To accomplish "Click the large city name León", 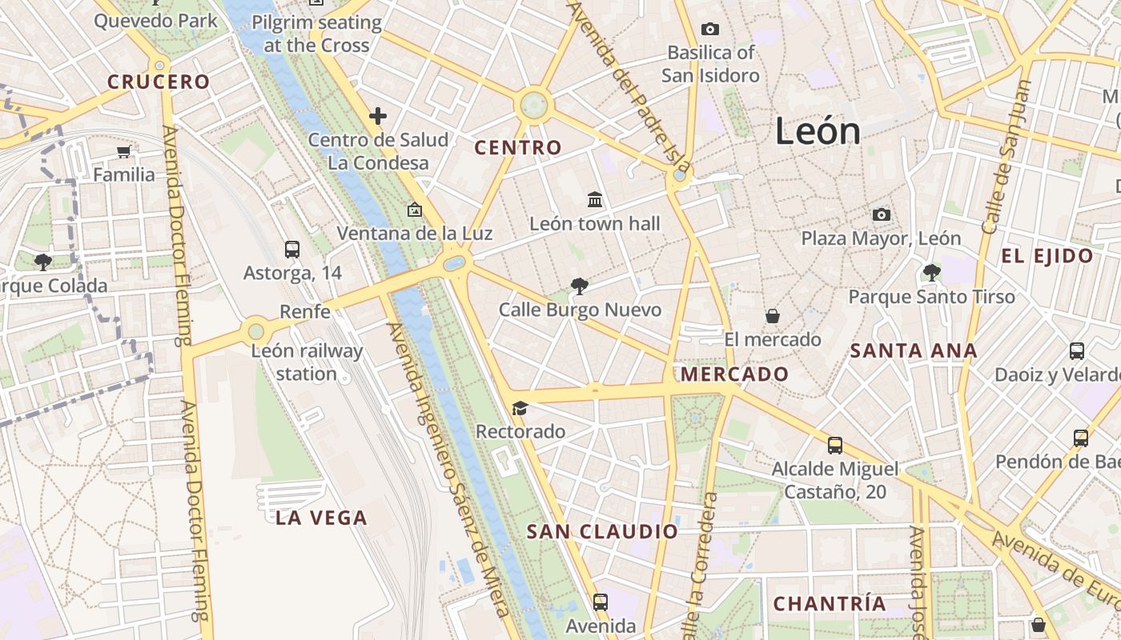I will [818, 131].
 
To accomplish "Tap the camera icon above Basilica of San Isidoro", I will [709, 30].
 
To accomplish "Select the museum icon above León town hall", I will [595, 199].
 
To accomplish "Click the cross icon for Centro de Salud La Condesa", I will [378, 116].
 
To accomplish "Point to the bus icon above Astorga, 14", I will [292, 250].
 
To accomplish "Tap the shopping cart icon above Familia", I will [123, 151].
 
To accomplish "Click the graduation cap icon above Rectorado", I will [520, 409].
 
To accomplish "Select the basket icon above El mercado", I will [773, 316].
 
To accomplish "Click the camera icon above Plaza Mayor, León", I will [881, 214].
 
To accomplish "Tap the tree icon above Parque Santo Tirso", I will [931, 273].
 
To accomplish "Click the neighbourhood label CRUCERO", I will [159, 82].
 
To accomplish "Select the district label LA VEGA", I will [322, 518].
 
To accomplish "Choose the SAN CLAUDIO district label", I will [603, 531].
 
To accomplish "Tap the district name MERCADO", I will [734, 374].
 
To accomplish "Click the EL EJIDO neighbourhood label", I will [1047, 256].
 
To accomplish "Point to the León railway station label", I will [307, 362].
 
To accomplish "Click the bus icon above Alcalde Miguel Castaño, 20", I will [835, 446].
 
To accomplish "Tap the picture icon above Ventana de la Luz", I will [415, 210].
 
